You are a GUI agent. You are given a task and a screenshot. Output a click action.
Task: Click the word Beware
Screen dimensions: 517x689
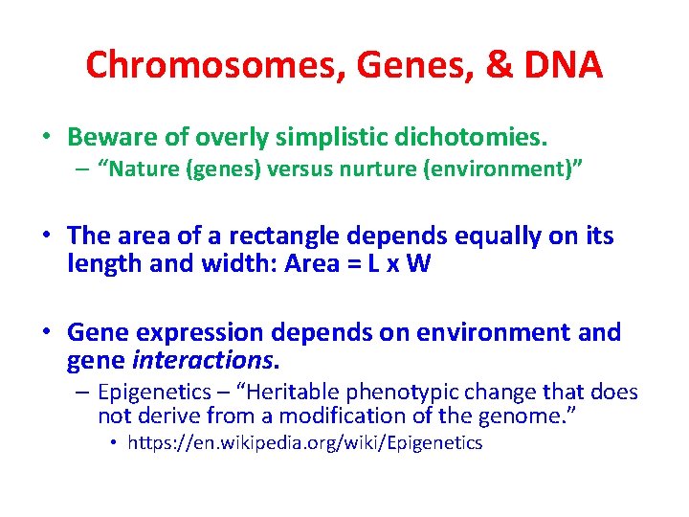[108, 138]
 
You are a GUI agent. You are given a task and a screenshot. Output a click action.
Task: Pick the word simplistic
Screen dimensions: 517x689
[333, 138]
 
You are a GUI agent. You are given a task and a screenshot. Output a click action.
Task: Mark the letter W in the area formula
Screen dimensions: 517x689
[419, 264]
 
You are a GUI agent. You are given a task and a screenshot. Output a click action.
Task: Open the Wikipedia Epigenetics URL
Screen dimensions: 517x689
[305, 443]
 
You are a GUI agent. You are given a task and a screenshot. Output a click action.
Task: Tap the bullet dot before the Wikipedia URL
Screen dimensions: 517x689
[114, 444]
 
